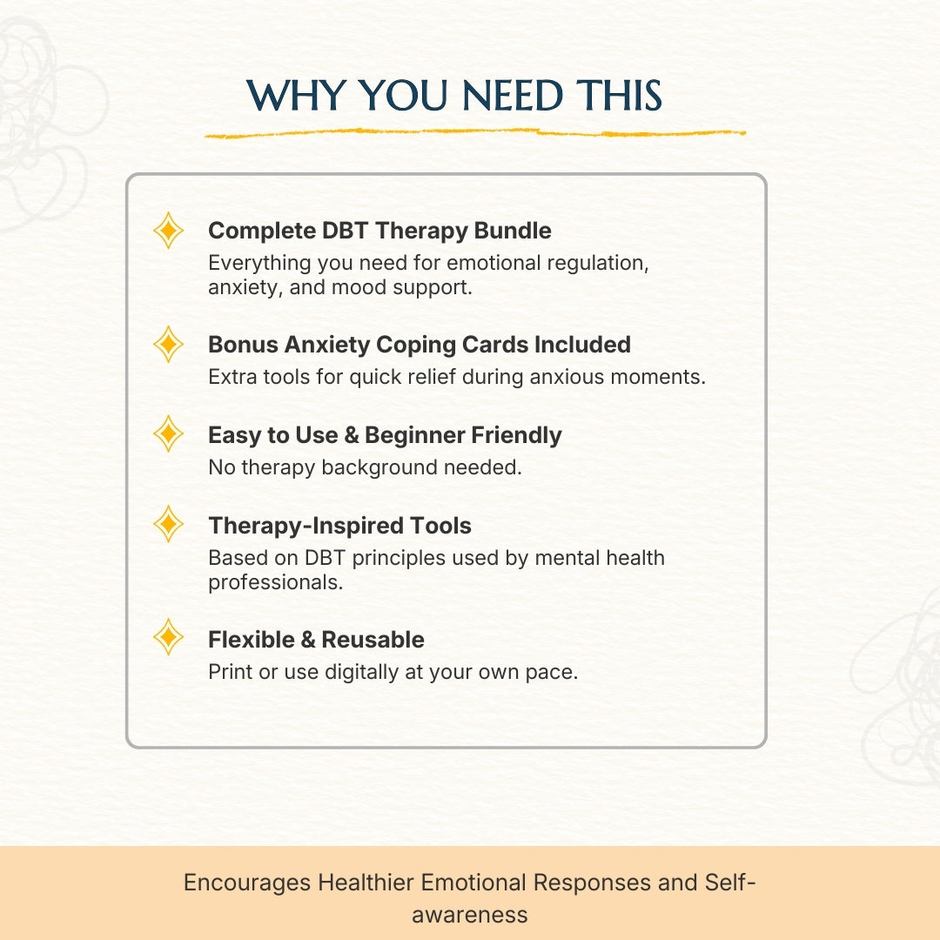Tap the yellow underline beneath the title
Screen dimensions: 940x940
474,134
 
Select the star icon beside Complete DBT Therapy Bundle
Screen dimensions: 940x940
168,232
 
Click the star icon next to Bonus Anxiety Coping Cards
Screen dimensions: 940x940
168,346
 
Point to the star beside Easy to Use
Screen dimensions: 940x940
168,434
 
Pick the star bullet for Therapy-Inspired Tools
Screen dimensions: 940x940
168,525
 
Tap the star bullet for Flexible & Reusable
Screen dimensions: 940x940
168,639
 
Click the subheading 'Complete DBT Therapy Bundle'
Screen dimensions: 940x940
379,231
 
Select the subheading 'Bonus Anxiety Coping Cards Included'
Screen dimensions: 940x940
419,345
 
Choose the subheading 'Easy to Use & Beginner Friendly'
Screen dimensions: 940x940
385,435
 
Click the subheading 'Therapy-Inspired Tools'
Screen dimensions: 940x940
339,526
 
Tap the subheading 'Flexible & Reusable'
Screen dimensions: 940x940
316,640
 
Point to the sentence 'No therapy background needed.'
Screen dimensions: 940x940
365,467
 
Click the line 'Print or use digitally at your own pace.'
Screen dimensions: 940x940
393,672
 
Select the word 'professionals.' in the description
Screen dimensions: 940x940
275,582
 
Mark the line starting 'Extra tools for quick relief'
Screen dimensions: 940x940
456,378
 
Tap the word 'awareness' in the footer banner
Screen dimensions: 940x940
469,915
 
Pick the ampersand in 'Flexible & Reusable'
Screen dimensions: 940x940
307,640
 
